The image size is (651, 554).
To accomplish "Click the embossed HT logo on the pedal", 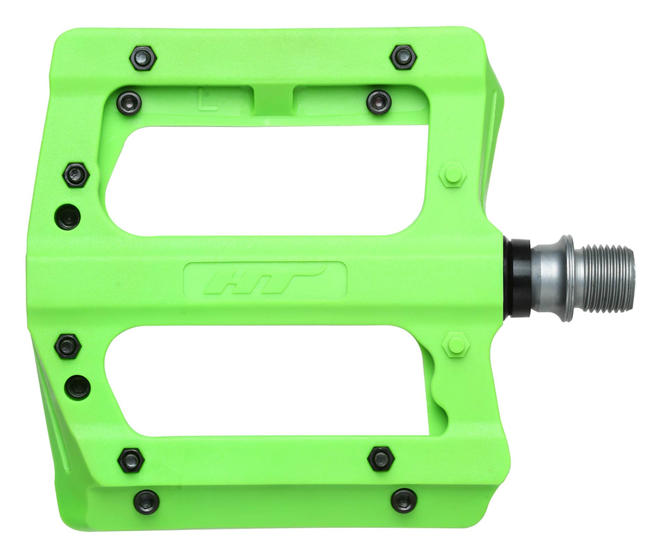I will [265, 280].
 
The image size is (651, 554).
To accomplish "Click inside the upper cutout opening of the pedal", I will [268, 179].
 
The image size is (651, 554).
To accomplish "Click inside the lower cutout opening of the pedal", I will [268, 380].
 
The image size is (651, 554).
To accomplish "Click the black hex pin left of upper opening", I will [76, 174].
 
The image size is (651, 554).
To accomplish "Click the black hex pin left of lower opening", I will [68, 345].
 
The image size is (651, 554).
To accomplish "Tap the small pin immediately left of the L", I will [130, 101].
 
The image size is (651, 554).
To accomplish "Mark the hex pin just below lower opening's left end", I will [130, 459].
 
